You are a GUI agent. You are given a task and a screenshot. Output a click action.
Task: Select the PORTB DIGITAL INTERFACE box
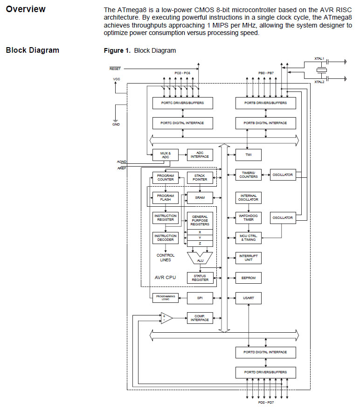point(265,123)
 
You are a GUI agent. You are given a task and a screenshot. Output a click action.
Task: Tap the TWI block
point(248,154)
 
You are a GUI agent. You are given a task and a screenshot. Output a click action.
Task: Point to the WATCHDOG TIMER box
point(248,217)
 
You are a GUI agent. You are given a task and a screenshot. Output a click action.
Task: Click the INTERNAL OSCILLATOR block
point(248,197)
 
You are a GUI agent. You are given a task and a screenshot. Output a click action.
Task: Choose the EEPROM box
point(248,278)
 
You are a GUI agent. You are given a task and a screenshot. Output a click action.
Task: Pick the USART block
point(248,298)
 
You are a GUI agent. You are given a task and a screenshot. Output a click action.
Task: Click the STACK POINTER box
point(200,177)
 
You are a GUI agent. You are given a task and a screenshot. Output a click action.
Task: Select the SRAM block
point(200,197)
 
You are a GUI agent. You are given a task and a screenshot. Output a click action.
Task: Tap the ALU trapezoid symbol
point(200,258)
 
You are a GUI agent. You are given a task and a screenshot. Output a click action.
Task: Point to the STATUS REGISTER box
point(200,278)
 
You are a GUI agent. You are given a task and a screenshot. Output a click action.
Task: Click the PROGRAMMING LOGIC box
point(166,298)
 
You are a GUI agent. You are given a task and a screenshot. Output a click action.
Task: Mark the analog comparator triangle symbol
point(166,318)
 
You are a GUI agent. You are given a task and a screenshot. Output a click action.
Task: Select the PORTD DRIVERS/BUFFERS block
point(265,372)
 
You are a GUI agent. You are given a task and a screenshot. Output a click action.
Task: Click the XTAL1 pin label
point(319,59)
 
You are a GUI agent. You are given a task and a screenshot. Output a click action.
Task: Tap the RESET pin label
point(115,69)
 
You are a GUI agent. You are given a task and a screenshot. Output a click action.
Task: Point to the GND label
point(116,125)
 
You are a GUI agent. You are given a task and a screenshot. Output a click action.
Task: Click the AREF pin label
point(122,168)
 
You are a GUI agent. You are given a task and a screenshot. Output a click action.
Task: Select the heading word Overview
point(26,9)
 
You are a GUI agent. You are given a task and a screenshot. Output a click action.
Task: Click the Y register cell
point(200,238)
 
